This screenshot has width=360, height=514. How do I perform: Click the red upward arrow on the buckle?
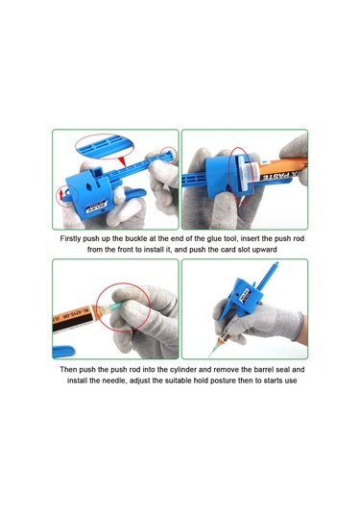60,195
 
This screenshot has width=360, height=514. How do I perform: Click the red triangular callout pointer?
122,161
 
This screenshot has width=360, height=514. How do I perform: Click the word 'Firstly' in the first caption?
70,238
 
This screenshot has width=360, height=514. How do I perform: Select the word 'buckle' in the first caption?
136,238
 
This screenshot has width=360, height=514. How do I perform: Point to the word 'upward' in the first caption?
264,250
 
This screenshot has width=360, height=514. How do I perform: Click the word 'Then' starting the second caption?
68,370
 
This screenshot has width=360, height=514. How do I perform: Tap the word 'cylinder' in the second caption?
182,370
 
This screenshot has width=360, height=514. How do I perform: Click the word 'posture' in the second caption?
222,380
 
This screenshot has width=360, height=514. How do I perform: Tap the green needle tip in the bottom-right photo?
209,355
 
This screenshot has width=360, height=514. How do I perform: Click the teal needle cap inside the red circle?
115,306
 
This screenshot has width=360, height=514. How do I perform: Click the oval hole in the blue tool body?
89,186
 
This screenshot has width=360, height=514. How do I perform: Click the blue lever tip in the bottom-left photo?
64,352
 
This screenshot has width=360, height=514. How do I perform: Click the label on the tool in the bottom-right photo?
245,292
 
